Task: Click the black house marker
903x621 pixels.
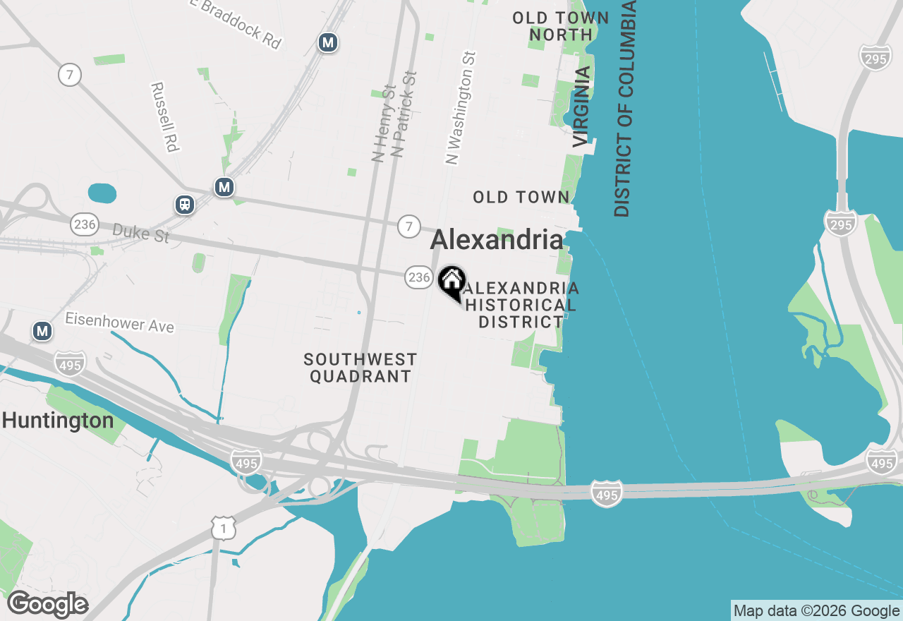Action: (451, 282)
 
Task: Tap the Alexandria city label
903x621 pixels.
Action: (497, 240)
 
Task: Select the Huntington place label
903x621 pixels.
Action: (58, 421)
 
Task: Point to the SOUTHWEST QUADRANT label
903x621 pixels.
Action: (360, 368)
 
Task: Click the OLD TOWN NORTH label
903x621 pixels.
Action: (561, 26)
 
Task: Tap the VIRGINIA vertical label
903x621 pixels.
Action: (581, 107)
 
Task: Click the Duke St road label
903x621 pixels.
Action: (141, 233)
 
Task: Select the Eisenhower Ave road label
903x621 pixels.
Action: (119, 322)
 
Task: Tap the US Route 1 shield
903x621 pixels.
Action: (223, 528)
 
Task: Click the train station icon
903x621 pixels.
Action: (185, 205)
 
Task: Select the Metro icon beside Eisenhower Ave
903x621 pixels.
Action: (43, 330)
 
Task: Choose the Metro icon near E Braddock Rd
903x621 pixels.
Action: (327, 42)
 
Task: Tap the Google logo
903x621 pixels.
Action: (47, 605)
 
